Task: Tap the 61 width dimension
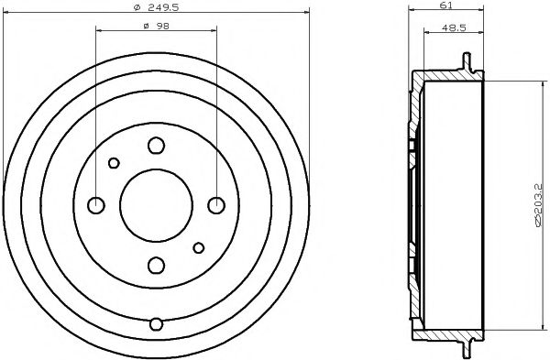447,5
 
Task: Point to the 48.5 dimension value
452,27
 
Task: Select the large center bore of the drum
156,204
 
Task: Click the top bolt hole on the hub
156,144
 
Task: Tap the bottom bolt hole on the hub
156,266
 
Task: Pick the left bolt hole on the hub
95,204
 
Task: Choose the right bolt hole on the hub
216,204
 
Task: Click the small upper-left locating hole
114,163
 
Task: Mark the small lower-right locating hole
199,246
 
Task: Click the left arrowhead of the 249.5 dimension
7,14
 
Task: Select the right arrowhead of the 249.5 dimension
299,14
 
